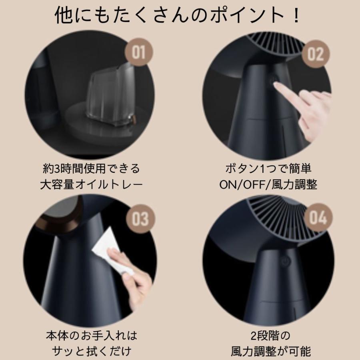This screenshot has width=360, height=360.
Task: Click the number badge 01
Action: tap(138, 52)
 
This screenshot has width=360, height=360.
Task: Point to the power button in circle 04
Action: tap(285, 260)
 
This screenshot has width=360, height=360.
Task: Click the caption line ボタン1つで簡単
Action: tap(268, 168)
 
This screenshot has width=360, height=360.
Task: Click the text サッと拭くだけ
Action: tap(92, 351)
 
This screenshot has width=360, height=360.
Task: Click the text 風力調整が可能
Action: tap(270, 351)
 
